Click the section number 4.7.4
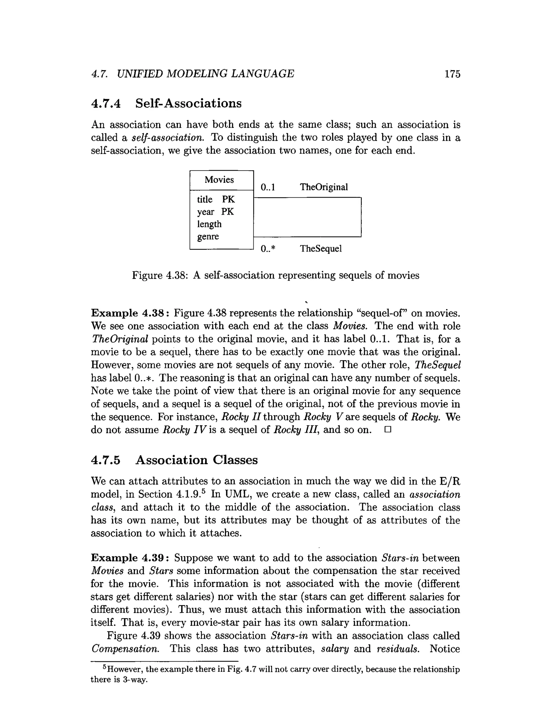(106, 103)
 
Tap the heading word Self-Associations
(188, 103)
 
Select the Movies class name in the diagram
(219, 180)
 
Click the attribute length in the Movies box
(209, 224)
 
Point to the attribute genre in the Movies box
(208, 237)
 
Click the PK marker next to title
(228, 200)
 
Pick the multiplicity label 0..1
(268, 187)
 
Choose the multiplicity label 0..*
(268, 249)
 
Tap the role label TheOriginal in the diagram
(324, 187)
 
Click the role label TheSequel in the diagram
(321, 249)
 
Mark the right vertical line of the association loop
(361, 217)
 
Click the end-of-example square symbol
(387, 430)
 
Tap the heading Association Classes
(196, 460)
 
